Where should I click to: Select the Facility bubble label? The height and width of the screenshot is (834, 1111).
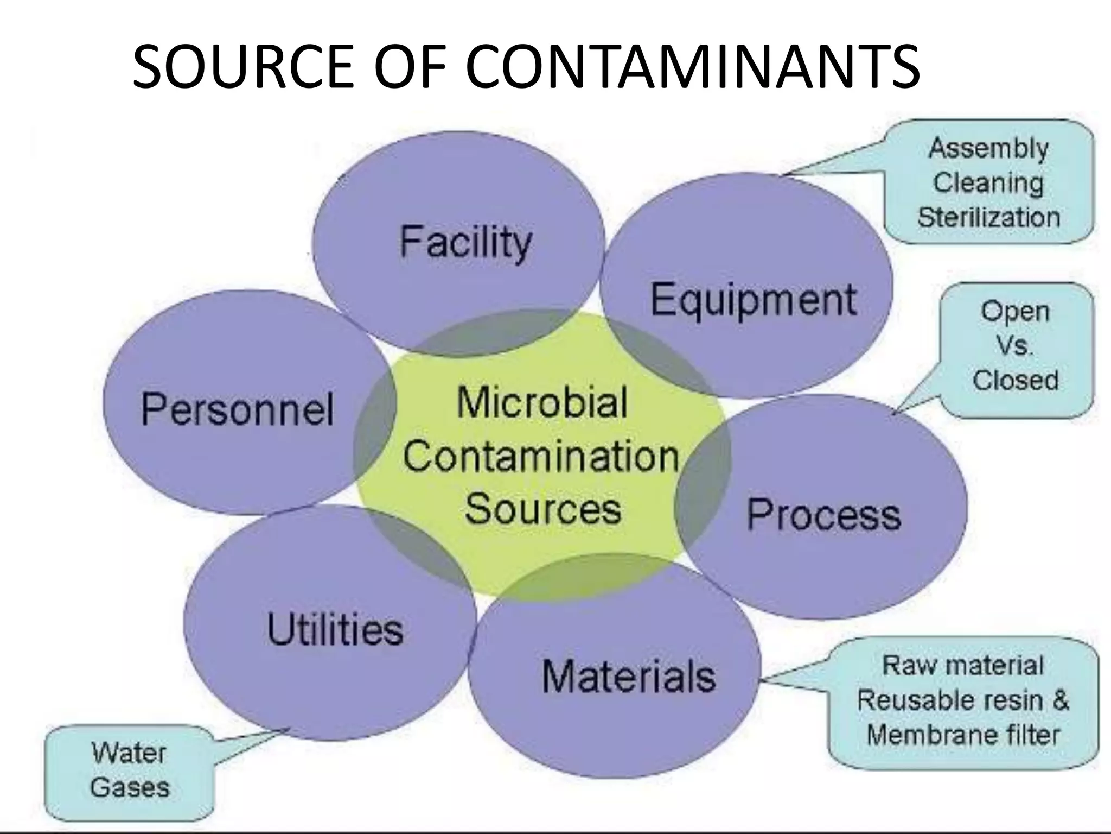pos(465,242)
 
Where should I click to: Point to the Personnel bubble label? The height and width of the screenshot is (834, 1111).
pos(237,408)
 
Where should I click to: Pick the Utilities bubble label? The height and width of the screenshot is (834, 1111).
pos(335,629)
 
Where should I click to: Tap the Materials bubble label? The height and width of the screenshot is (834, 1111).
pos(629,676)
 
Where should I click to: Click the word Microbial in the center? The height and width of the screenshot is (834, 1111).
pos(542,402)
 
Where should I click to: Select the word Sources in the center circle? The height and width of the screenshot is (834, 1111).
pos(543,509)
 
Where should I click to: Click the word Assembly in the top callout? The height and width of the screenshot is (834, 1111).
pos(988,148)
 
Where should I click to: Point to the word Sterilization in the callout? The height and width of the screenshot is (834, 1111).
pos(988,217)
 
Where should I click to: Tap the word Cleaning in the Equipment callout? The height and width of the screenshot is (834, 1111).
pos(988,182)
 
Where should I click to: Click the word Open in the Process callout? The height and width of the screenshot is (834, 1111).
pos(1015,312)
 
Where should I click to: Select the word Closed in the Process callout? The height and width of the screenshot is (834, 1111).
pos(1015,380)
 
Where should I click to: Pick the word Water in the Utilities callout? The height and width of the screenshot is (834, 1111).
pos(129,753)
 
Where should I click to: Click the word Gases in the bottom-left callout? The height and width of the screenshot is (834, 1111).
pos(130,787)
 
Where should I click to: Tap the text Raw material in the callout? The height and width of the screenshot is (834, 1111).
pos(963,666)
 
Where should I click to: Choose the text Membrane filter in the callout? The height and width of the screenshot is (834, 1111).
pos(963,735)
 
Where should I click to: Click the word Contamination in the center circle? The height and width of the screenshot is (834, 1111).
pos(541,456)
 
